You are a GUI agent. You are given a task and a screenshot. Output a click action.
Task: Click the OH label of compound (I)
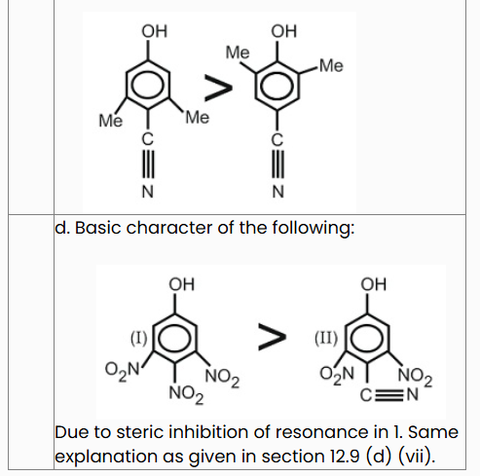pos(181,284)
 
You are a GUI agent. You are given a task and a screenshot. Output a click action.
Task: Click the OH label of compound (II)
pos(374,284)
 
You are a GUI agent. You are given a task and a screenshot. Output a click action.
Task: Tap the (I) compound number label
pos(139,338)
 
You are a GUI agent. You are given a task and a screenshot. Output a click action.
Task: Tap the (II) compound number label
pos(326,338)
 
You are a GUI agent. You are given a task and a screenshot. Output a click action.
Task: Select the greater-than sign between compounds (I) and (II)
pos(272,337)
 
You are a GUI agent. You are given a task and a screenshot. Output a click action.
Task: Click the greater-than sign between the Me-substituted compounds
pos(218,88)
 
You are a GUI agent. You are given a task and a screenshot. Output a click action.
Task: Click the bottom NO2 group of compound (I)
pos(186,394)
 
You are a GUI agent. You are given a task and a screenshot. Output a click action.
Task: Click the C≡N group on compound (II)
pos(389,395)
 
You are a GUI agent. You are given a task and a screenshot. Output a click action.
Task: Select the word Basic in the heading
pos(97,228)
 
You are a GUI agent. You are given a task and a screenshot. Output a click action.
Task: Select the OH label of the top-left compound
pos(155,31)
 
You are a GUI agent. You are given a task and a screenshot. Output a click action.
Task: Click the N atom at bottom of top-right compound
pos(278,192)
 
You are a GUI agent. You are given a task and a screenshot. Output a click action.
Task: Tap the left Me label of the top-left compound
pos(111,121)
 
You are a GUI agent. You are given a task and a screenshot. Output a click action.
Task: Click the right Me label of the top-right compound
pos(331,65)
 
